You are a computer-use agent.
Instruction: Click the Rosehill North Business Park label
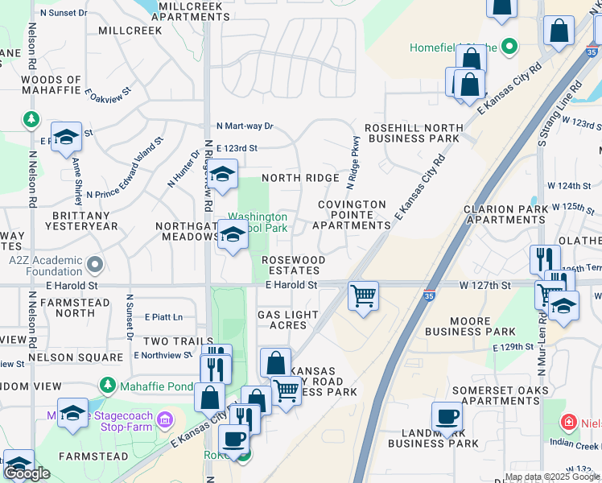click(412, 133)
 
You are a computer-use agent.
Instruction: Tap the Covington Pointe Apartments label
click(352, 215)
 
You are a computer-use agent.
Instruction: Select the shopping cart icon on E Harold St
click(363, 295)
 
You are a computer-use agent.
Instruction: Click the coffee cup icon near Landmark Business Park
click(447, 416)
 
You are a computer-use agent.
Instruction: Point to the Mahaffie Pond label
click(152, 386)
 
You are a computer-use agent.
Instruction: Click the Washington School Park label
click(258, 222)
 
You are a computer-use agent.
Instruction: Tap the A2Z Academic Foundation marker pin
click(95, 263)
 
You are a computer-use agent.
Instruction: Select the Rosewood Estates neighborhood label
click(294, 266)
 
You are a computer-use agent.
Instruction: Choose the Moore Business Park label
click(470, 325)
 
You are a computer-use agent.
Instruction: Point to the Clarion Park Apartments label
click(505, 214)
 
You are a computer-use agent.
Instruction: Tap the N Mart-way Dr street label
click(245, 126)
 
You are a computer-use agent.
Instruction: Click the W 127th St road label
click(485, 285)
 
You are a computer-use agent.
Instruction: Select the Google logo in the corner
click(27, 473)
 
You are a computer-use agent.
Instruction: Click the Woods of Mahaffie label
click(52, 85)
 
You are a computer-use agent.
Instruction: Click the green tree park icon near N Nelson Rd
click(31, 120)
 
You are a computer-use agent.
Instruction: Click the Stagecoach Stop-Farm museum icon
click(165, 419)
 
